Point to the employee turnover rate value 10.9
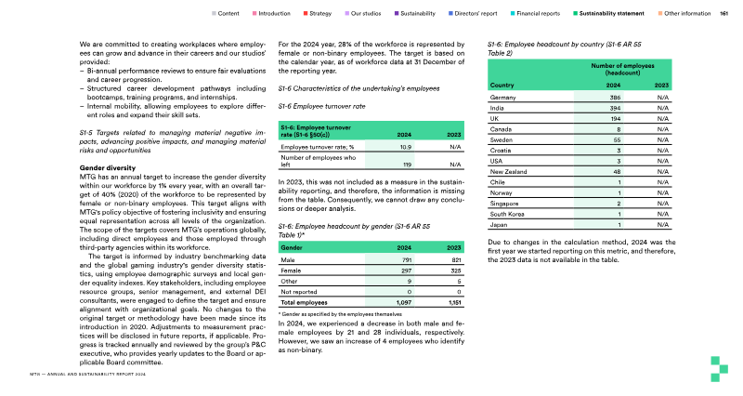(x=406, y=147)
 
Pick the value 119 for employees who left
(x=406, y=164)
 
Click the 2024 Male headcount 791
(x=406, y=261)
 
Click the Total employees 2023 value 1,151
(x=454, y=303)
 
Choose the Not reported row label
(x=299, y=293)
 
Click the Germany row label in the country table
(x=502, y=98)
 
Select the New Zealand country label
(x=509, y=171)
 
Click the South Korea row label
(x=507, y=214)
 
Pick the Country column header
(x=502, y=85)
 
